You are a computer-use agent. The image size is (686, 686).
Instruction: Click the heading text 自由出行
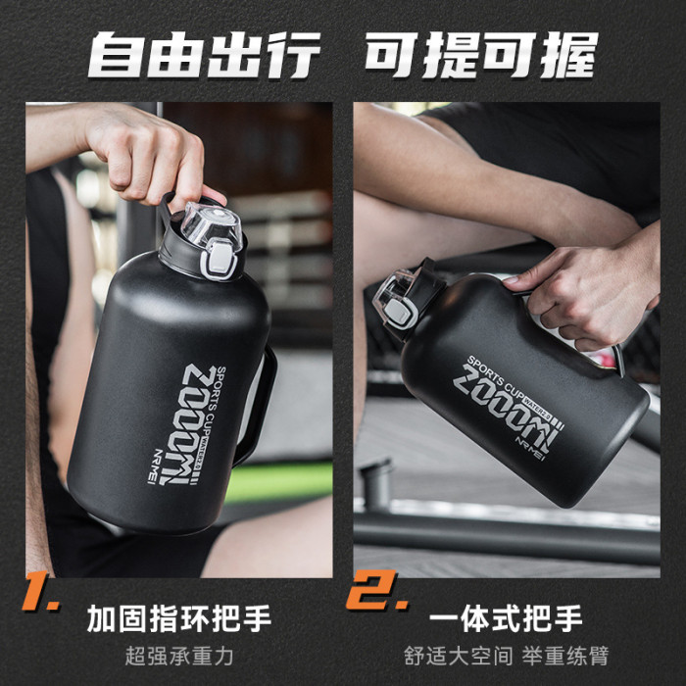[204, 55]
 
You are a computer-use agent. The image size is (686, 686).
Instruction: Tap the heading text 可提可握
[482, 55]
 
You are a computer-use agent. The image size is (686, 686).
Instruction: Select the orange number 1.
[41, 591]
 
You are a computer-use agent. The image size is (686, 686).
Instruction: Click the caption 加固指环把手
[179, 618]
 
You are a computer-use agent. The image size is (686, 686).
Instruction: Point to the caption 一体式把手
[506, 618]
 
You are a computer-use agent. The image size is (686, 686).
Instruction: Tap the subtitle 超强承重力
[179, 656]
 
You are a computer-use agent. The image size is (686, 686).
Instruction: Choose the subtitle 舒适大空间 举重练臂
[507, 656]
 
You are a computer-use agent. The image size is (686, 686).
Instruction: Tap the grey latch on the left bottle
[219, 261]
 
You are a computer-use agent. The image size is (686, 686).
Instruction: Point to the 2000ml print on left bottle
[191, 423]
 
